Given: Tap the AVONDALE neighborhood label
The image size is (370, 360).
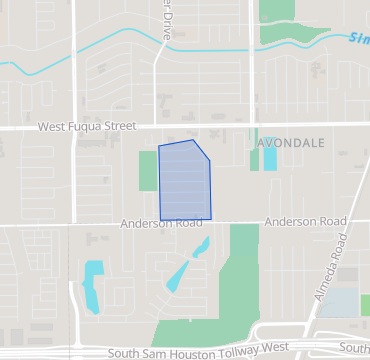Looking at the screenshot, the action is (292, 143).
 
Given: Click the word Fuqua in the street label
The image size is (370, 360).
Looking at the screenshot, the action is (89, 127).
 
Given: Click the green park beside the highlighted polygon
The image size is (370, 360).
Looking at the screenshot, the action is (148, 171).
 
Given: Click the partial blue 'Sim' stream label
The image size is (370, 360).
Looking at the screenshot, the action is (359, 40).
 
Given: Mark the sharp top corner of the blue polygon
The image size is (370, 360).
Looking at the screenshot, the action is (192, 141).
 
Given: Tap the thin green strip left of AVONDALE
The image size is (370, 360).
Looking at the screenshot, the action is (255, 155).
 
